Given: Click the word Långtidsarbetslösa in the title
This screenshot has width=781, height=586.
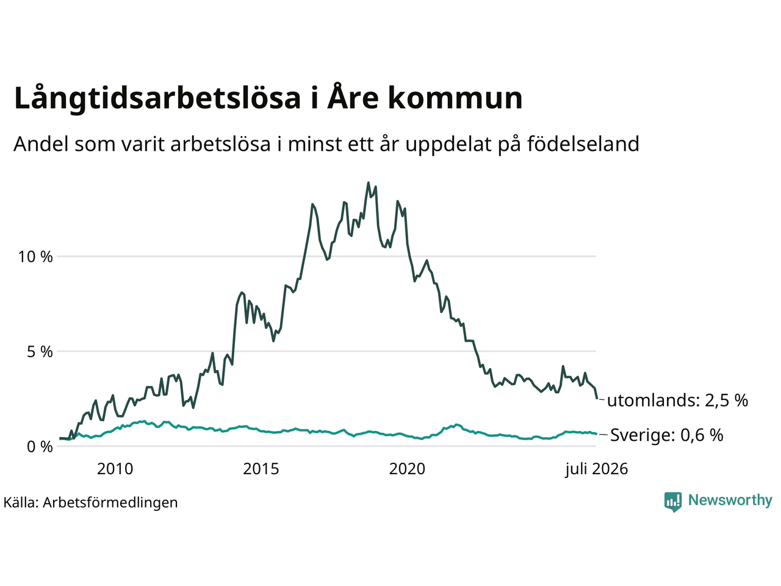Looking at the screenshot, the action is pyautogui.click(x=157, y=98).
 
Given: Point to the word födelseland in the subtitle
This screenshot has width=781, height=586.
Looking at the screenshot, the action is pyautogui.click(x=583, y=143).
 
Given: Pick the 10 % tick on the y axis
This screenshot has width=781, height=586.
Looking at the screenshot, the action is pyautogui.click(x=35, y=256).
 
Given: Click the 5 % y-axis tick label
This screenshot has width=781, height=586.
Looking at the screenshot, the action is pyautogui.click(x=40, y=352).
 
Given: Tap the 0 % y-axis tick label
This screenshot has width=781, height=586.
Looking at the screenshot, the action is pyautogui.click(x=40, y=446).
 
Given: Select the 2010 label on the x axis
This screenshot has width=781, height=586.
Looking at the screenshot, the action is pyautogui.click(x=115, y=469).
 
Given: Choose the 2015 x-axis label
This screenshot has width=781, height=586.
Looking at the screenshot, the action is pyautogui.click(x=261, y=469).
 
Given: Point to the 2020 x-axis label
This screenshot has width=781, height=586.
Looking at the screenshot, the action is pyautogui.click(x=407, y=469).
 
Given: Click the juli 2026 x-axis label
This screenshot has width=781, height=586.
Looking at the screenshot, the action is pyautogui.click(x=597, y=469).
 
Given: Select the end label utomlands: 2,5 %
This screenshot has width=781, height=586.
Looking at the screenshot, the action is pyautogui.click(x=677, y=400).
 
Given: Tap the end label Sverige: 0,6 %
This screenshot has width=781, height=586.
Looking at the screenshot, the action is pyautogui.click(x=667, y=435).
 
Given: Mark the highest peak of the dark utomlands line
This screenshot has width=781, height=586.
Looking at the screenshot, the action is pyautogui.click(x=369, y=183).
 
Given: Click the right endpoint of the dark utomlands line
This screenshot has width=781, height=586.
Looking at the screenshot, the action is pyautogui.click(x=597, y=399).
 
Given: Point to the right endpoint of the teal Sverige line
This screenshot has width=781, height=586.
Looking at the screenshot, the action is pyautogui.click(x=596, y=434).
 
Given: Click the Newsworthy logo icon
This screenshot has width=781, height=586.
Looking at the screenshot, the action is pyautogui.click(x=673, y=502).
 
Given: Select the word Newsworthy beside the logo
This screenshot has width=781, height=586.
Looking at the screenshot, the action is pyautogui.click(x=730, y=501).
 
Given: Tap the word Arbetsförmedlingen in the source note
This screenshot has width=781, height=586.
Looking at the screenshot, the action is pyautogui.click(x=110, y=503).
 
